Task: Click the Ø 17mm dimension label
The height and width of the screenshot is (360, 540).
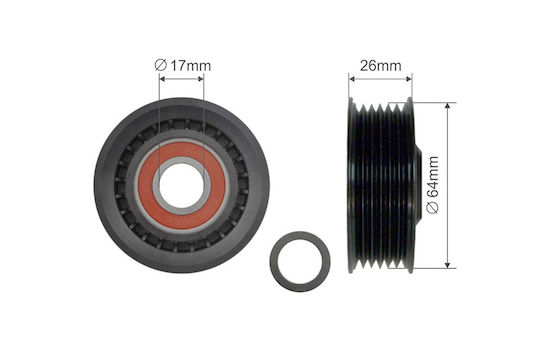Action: [183, 65]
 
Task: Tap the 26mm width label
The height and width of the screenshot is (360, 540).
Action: [381, 65]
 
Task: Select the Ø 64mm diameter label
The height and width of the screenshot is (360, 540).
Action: [433, 185]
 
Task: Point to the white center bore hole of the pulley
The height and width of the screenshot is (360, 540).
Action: [182, 185]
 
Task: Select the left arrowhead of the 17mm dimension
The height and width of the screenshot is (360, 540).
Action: [163, 79]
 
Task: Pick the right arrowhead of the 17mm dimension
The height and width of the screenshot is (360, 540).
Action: [200, 79]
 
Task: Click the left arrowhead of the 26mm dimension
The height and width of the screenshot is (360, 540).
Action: [352, 79]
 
